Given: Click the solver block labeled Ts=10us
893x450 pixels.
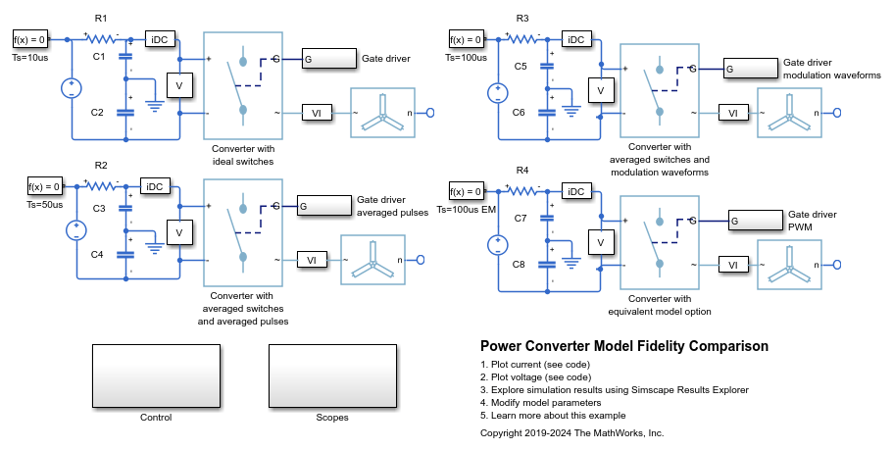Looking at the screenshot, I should tap(29, 40).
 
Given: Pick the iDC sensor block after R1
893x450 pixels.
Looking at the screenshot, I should tap(160, 40).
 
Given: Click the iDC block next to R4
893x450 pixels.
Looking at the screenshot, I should tap(578, 192).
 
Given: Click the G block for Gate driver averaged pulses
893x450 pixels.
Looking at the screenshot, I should tap(323, 206).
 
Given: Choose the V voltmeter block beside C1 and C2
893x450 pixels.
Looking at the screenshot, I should tap(178, 86).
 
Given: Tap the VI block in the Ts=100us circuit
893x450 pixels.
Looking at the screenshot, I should tap(728, 113).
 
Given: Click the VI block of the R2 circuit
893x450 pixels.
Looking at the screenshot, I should tap(312, 260).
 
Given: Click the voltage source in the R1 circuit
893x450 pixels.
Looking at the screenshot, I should tap(74, 88).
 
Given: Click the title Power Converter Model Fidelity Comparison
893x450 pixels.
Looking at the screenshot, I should tap(624, 346).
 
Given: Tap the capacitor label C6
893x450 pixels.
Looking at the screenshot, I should tap(519, 113).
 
